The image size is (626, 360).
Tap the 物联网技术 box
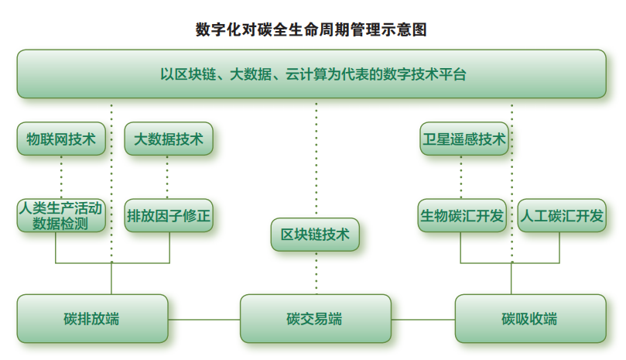click(61, 139)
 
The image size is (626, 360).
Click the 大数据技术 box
click(168, 139)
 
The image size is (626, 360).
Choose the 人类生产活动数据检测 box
click(61, 216)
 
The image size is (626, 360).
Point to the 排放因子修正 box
click(168, 216)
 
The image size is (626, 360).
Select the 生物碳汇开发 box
click(461, 216)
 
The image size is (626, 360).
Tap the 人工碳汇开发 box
click(561, 216)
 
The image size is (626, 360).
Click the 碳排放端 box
click(92, 318)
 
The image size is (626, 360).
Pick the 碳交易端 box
click(315, 318)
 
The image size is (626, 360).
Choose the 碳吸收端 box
click(529, 318)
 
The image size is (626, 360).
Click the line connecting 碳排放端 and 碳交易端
click(204, 319)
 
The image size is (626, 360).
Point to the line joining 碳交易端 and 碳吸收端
click(422, 319)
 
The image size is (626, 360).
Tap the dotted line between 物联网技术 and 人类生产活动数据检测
click(61, 177)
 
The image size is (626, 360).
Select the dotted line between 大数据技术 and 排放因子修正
click(168, 177)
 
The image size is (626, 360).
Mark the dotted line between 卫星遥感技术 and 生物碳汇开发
click(462, 177)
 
